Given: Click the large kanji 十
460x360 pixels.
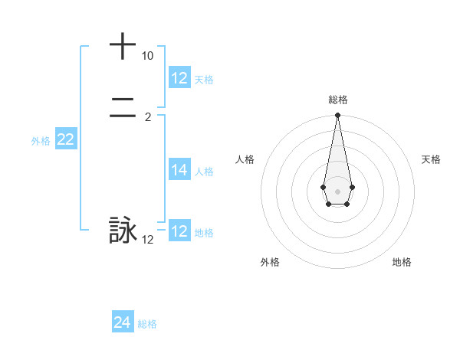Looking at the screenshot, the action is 123,46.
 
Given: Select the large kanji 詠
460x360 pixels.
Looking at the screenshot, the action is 123,231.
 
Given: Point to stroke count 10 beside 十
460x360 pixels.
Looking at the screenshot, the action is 148,57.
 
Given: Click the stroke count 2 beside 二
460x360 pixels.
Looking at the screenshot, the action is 148,117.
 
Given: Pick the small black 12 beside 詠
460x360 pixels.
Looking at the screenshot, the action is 148,240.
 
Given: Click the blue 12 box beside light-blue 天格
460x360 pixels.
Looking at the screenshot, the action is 179,78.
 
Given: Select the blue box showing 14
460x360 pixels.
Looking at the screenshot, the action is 179,170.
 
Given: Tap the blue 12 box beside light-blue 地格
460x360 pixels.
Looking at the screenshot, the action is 179,231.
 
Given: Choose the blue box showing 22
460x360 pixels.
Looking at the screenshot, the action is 65,139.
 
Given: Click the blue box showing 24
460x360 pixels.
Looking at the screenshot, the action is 123,322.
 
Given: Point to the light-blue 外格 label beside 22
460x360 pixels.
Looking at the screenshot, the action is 41,141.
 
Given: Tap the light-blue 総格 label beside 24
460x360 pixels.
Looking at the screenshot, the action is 147,324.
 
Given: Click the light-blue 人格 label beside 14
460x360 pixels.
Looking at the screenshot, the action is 204,172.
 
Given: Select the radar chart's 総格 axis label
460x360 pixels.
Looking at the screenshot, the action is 337,100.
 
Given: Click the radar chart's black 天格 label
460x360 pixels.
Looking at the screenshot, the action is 431,159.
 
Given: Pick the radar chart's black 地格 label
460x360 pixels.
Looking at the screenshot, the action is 402,262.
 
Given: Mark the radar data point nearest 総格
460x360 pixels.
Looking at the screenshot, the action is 337,116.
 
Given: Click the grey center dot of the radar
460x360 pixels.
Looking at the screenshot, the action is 337,191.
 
